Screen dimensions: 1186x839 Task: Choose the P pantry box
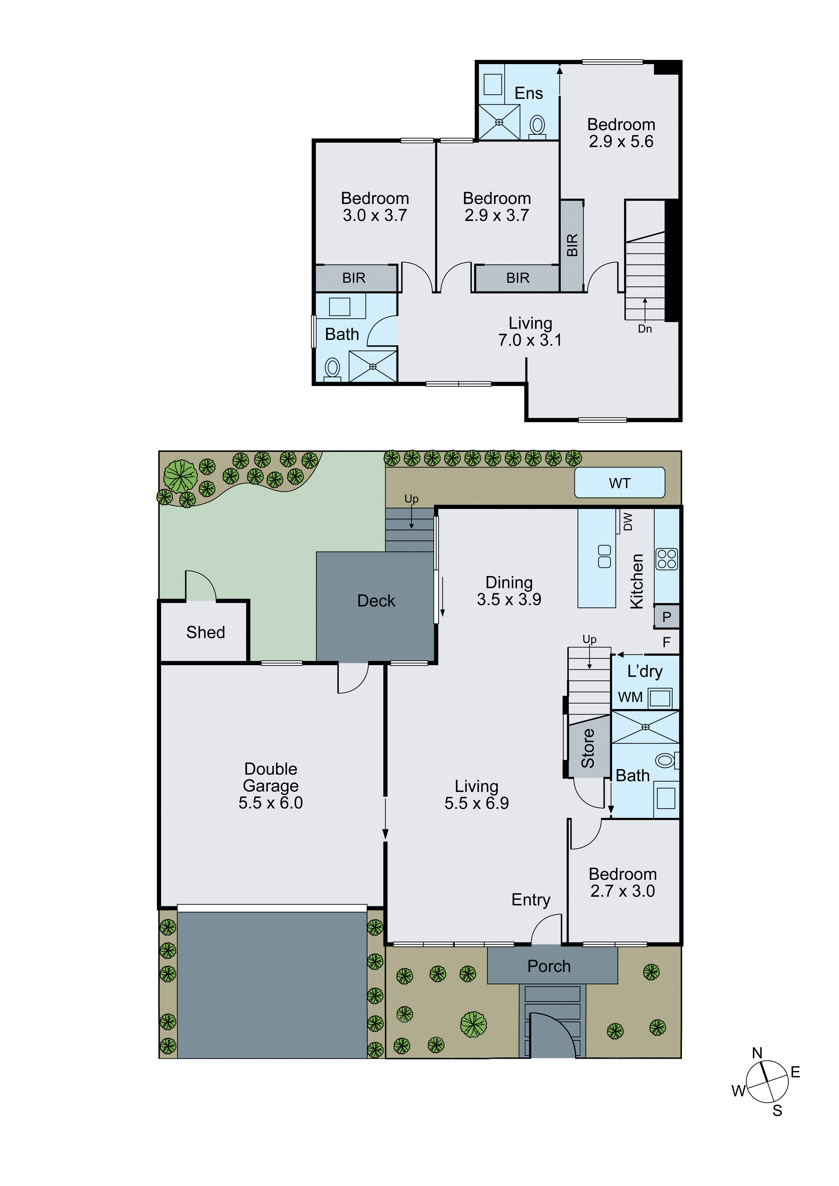(x=666, y=617)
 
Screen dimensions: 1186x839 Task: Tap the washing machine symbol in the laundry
(x=660, y=698)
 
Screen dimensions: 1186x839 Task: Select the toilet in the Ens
(x=538, y=126)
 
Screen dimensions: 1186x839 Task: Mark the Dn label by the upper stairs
(x=645, y=329)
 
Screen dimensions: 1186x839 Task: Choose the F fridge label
(x=666, y=642)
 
